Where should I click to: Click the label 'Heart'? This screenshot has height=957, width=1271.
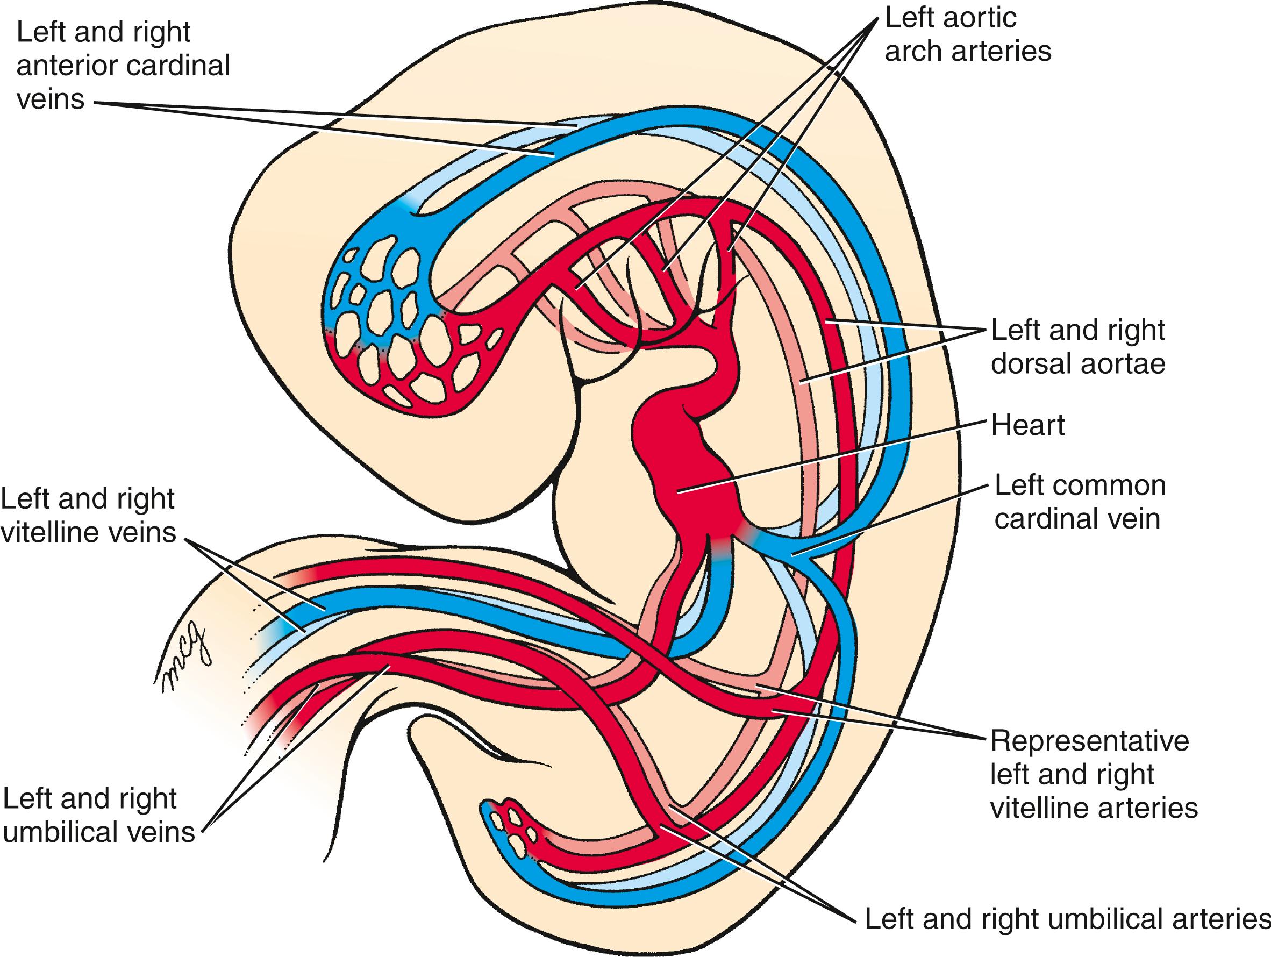click(1028, 425)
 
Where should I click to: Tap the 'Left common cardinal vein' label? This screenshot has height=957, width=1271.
click(1080, 502)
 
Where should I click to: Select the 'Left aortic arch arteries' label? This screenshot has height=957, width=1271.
click(968, 34)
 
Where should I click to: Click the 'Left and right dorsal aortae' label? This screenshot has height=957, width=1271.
click(1078, 347)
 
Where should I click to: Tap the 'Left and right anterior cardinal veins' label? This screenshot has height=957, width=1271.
click(123, 66)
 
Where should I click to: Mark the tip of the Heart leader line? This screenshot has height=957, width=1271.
click(679, 491)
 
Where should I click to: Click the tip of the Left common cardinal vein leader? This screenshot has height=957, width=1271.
click(792, 555)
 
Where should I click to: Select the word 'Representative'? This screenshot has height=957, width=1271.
click(1089, 741)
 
